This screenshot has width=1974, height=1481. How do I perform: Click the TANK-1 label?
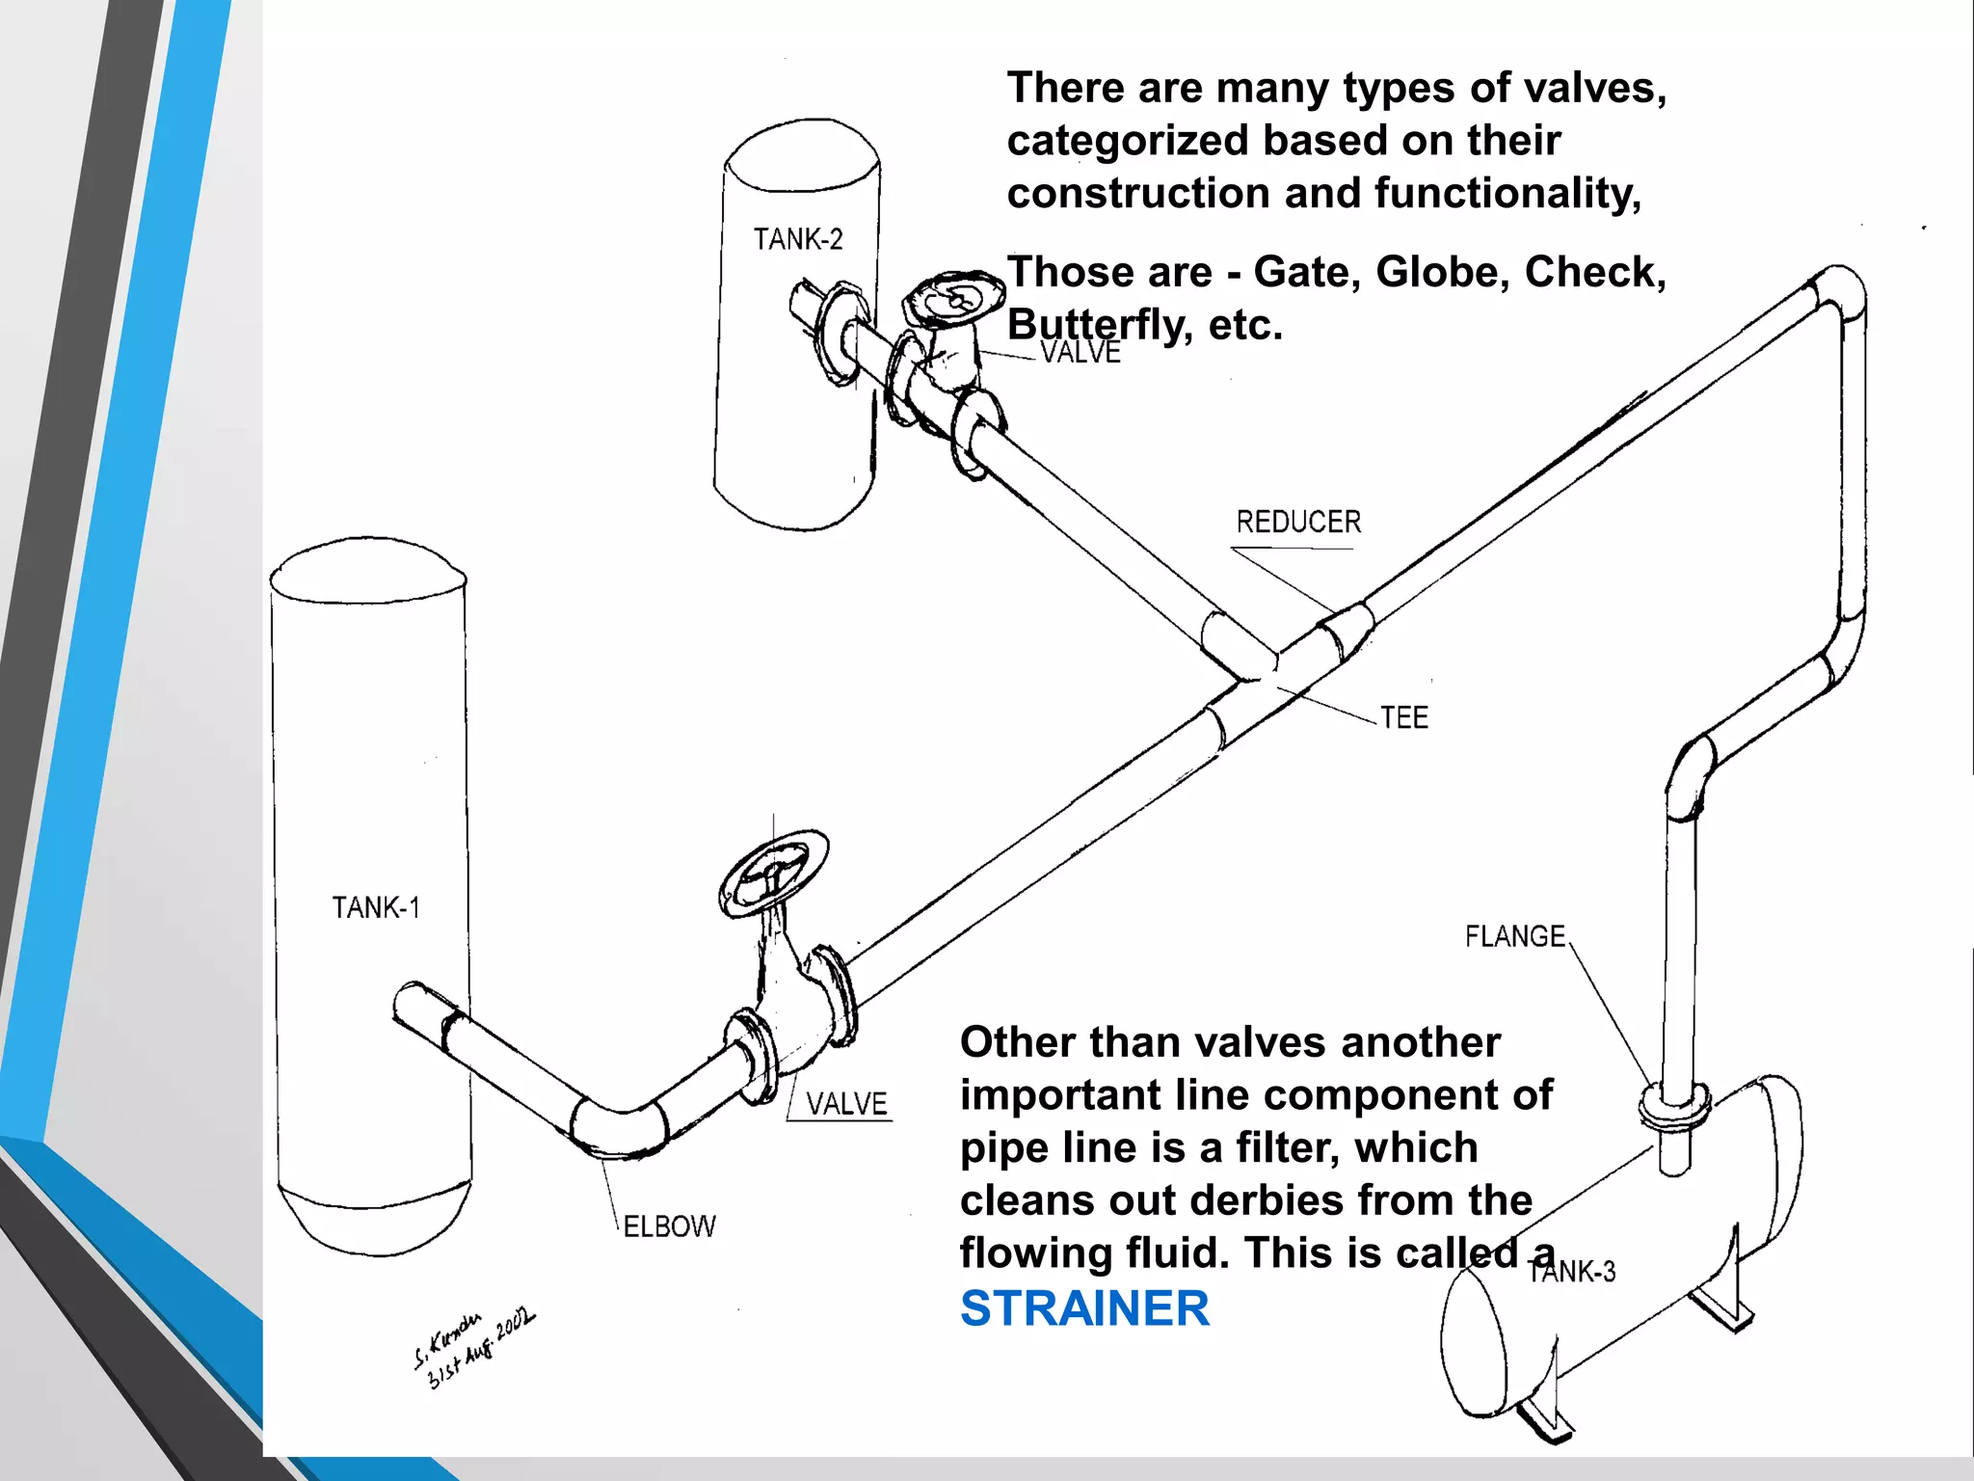pyautogui.click(x=376, y=908)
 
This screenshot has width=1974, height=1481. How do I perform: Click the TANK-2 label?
pyautogui.click(x=797, y=239)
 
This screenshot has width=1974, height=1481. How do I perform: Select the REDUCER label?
pyautogui.click(x=1298, y=523)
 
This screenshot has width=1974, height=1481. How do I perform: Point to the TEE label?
pyautogui.click(x=1403, y=718)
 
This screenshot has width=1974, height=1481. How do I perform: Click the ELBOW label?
pyautogui.click(x=669, y=1226)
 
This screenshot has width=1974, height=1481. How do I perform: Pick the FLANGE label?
pyautogui.click(x=1514, y=936)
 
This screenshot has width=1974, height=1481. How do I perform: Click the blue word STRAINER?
pyautogui.click(x=1084, y=1309)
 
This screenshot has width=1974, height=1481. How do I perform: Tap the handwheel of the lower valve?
pyautogui.click(x=773, y=874)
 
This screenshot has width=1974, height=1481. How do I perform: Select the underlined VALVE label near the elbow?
pyautogui.click(x=846, y=1104)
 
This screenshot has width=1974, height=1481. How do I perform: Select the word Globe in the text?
pyautogui.click(x=1437, y=273)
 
